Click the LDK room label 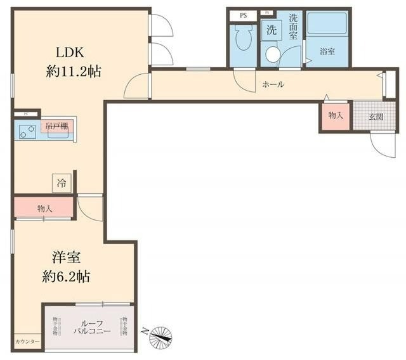(72, 52)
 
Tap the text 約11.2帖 (73, 71)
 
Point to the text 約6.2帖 (67, 276)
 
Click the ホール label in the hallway (273, 84)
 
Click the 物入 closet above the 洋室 (44, 207)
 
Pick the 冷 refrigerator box (62, 183)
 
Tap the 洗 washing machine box (271, 29)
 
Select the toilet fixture (242, 40)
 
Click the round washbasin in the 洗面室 (273, 55)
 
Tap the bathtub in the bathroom (327, 24)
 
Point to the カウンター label (27, 342)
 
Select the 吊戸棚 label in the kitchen (56, 127)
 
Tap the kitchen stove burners (27, 132)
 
